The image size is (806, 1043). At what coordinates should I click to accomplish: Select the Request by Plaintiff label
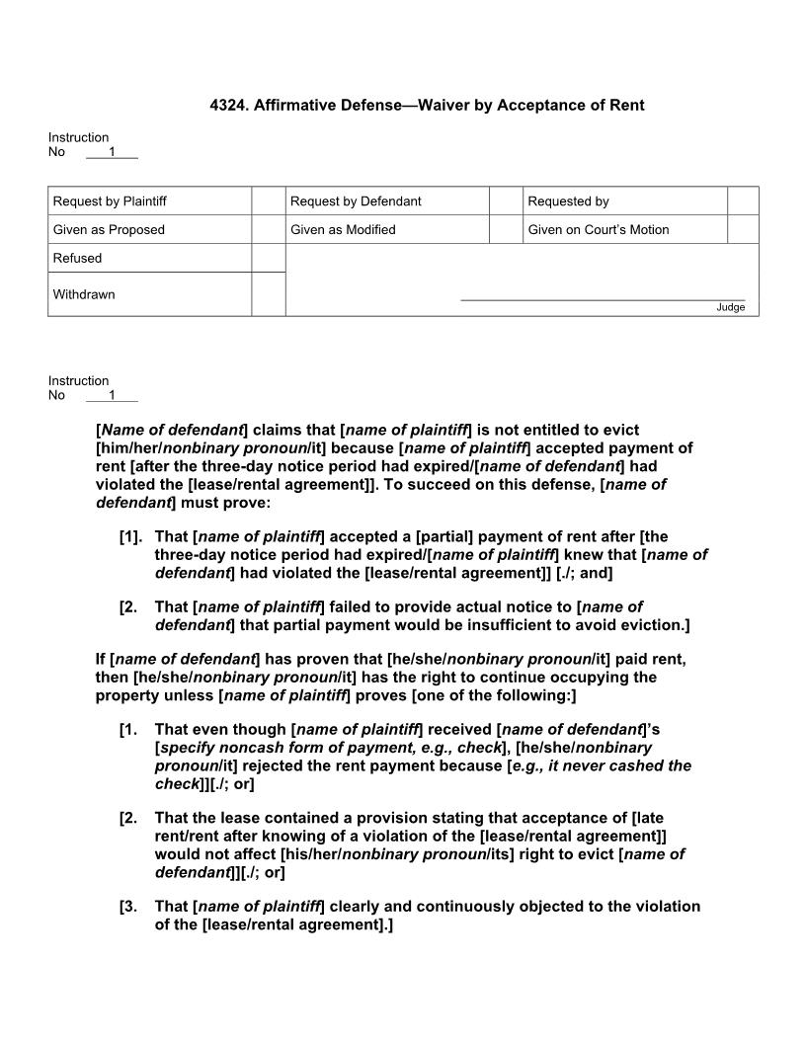pyautogui.click(x=110, y=201)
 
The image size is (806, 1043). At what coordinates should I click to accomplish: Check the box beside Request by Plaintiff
pyautogui.click(x=268, y=201)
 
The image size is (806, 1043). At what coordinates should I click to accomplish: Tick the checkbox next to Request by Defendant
pyautogui.click(x=505, y=201)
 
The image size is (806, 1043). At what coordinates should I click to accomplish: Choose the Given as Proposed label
pyautogui.click(x=109, y=230)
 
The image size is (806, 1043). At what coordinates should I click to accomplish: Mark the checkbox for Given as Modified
pyautogui.click(x=505, y=230)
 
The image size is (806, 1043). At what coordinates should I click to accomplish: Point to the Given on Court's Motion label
pyautogui.click(x=598, y=230)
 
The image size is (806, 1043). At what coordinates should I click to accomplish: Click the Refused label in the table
pyautogui.click(x=77, y=259)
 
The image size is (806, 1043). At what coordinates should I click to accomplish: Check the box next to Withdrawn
pyautogui.click(x=268, y=294)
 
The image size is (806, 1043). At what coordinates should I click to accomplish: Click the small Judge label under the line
pyautogui.click(x=730, y=308)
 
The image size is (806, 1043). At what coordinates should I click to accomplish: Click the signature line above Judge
pyautogui.click(x=603, y=299)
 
